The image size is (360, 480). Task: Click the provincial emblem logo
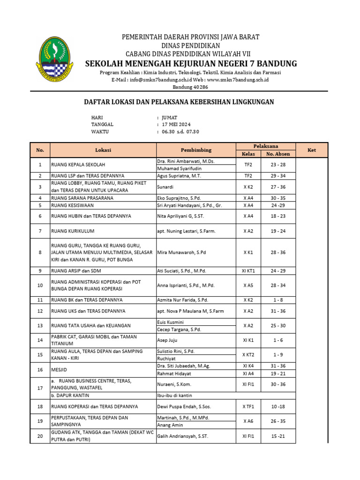coord(57,60)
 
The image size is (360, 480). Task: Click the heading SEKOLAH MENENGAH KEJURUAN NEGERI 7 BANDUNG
coord(191,63)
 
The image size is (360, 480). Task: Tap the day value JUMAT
coord(170,117)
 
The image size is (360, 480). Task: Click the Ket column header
coord(311,150)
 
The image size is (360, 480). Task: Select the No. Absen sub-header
coord(278,154)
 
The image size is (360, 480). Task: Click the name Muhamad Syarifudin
coord(180,168)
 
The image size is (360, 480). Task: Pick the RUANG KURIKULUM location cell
coord(73,231)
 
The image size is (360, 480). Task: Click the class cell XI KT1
coord(248,271)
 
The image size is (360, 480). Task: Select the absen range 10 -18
coord(278,406)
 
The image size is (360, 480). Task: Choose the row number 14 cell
coord(40,340)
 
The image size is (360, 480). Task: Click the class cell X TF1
coord(248,406)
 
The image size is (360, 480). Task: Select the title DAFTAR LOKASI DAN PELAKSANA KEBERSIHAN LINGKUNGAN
coord(179,102)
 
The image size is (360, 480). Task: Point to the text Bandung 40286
coord(191,87)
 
